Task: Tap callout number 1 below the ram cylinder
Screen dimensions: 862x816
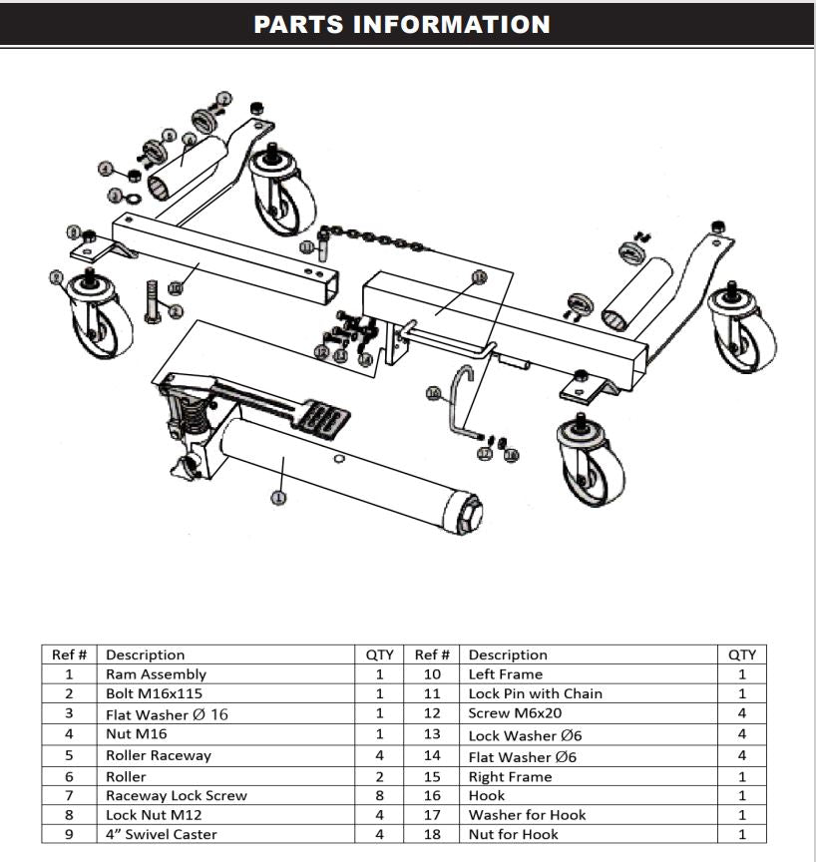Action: click(278, 497)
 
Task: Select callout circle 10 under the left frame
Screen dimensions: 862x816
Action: click(176, 287)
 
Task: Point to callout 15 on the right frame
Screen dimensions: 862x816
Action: click(478, 278)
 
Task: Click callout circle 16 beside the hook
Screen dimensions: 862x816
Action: click(433, 393)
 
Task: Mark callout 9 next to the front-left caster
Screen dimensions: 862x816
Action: click(56, 276)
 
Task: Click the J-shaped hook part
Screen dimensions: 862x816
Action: click(456, 399)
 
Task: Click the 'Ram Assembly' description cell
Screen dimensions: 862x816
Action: click(156, 674)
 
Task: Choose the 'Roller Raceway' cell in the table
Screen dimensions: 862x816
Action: click(158, 755)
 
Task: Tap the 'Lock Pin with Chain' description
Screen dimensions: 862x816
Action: click(535, 693)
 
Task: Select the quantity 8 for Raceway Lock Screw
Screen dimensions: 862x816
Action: click(379, 795)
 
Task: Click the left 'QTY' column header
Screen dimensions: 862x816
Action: click(379, 655)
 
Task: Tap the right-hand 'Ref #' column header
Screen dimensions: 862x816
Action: click(432, 655)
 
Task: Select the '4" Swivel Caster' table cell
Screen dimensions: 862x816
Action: click(161, 834)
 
